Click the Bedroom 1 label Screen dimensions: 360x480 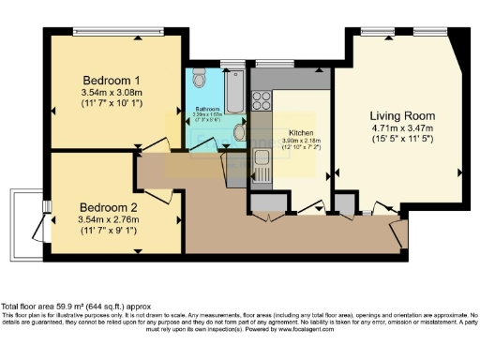(111, 78)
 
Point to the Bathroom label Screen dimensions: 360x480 (207, 110)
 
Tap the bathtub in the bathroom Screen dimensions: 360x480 (234, 91)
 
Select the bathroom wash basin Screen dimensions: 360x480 (239, 133)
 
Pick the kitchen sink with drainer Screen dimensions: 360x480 (262, 165)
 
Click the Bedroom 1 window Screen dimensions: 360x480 (118, 34)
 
